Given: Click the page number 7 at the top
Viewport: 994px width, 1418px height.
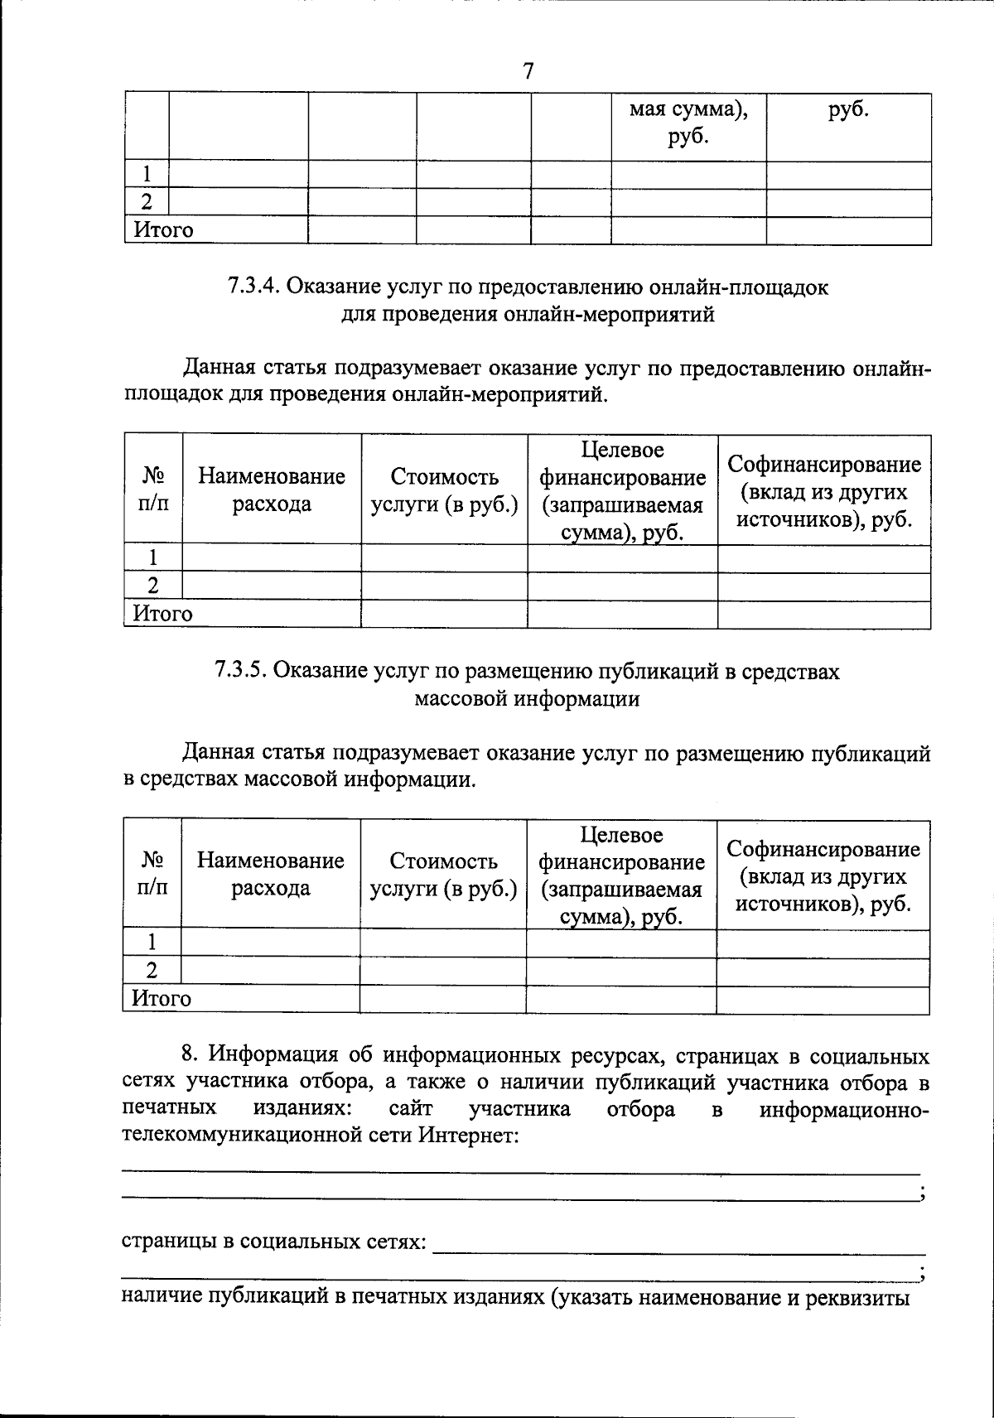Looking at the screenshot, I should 528,71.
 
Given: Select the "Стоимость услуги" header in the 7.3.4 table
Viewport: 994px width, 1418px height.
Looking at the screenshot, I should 445,490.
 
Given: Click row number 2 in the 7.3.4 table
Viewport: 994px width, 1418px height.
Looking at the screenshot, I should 153,586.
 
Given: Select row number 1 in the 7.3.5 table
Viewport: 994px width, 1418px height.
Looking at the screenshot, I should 152,942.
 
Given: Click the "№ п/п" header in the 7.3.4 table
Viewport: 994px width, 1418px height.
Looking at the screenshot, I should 153,490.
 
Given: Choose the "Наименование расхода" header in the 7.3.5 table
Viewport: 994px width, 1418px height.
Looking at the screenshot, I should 271,875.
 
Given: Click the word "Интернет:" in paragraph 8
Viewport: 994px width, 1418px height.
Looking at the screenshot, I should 469,1135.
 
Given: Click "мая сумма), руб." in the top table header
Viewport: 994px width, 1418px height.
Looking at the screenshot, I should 688,122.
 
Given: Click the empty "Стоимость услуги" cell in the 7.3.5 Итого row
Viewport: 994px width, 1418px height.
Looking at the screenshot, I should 443,998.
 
